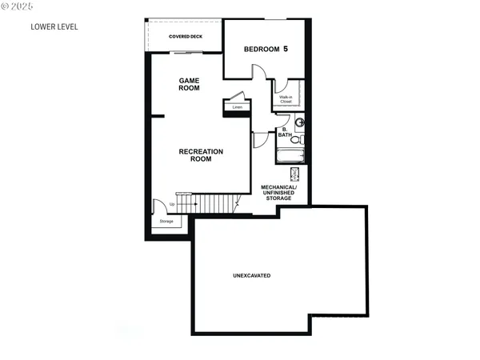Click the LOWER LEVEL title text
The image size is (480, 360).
coord(54,26)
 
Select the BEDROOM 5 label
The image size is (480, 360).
coord(265,50)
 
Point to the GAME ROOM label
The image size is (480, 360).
coord(189,85)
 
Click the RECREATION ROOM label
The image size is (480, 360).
coord(201,155)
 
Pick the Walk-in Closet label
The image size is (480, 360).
coord(286,99)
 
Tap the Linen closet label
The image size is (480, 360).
coord(237,106)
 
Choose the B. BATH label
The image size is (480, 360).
coord(284,132)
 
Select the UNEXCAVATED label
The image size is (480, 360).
coord(251,275)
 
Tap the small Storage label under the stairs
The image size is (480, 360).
coord(166,222)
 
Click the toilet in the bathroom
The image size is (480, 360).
coord(297,139)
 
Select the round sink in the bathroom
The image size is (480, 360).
coord(299,122)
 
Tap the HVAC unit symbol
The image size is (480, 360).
coord(294,174)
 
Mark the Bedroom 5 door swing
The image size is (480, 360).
coord(260,72)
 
